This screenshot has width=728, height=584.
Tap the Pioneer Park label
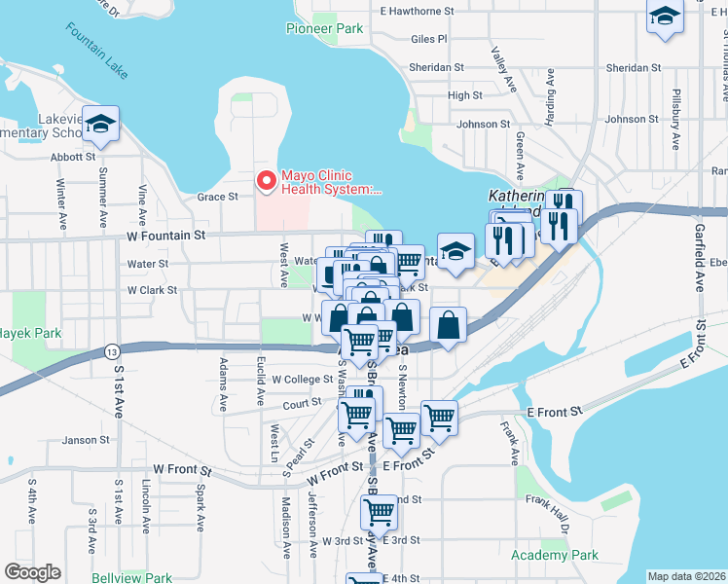click(x=324, y=28)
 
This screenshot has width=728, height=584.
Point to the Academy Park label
click(x=555, y=555)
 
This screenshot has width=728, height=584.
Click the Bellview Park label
click(x=130, y=577)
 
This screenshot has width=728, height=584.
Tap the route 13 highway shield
click(x=114, y=350)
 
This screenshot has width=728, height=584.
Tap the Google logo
click(x=32, y=572)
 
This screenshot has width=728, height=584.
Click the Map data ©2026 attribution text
click(x=686, y=576)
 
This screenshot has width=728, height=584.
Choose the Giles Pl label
click(x=429, y=39)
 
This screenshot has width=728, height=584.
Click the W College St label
click(x=303, y=380)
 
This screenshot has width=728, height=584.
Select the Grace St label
click(x=218, y=197)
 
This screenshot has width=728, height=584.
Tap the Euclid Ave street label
click(x=260, y=381)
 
